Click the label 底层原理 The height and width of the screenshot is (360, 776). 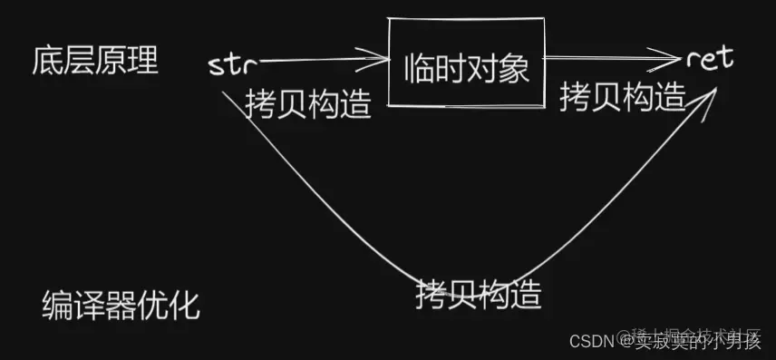coord(94,62)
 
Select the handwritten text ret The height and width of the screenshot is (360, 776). coord(710,60)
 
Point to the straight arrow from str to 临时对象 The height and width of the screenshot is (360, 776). coord(317,62)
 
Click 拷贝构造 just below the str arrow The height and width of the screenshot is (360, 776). coord(308,104)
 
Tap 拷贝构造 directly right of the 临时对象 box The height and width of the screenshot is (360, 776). coord(622,96)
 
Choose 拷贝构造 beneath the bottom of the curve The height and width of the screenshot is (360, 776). coord(479,293)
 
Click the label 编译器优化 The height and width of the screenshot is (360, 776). coord(121,306)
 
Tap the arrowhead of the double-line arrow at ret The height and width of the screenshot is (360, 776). coord(671,60)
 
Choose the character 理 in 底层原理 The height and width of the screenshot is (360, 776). coord(142,62)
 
